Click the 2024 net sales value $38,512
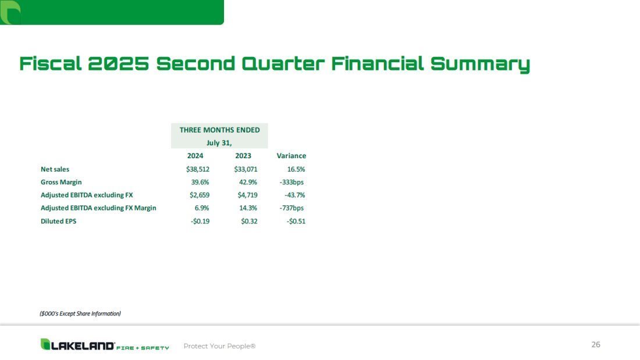[198, 169]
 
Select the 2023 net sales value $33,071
[246, 169]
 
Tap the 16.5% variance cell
[296, 169]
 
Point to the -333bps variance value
[291, 182]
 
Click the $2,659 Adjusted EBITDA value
[200, 195]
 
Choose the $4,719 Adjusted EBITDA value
[247, 195]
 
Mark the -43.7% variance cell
[295, 195]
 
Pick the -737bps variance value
[291, 208]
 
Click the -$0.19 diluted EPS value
[200, 221]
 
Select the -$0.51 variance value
[296, 221]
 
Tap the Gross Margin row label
[61, 182]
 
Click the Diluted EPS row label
[58, 221]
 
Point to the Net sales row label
[55, 169]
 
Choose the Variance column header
[291, 155]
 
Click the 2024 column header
[195, 155]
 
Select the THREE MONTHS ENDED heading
[219, 130]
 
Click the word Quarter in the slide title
[283, 63]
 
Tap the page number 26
[596, 344]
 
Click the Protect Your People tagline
[219, 346]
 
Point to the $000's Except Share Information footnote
[80, 313]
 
